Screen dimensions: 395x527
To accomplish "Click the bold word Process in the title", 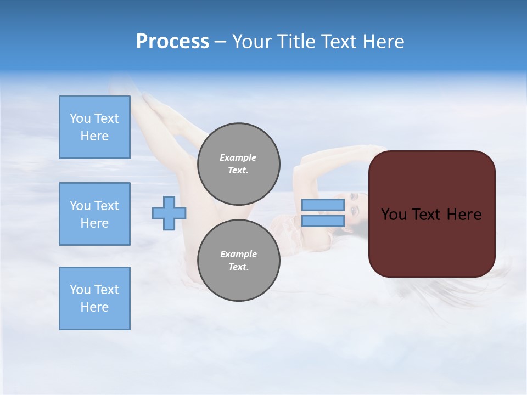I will click(x=172, y=42).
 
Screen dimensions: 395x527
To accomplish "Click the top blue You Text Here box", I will click(x=94, y=127).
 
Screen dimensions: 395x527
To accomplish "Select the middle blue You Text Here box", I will click(x=94, y=214).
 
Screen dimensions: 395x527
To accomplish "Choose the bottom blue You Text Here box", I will click(x=94, y=298).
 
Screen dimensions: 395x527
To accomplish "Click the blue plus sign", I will click(x=169, y=213).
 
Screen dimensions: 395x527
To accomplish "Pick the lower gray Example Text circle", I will click(x=238, y=260).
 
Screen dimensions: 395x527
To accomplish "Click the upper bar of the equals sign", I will click(x=323, y=205).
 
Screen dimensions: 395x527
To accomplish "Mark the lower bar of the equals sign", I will click(x=323, y=221).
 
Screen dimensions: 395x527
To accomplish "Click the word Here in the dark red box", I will click(x=464, y=215).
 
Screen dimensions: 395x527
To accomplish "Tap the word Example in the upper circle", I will click(x=238, y=157).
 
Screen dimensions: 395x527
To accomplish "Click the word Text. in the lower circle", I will click(x=238, y=267).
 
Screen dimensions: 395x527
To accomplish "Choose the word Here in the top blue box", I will click(x=94, y=136).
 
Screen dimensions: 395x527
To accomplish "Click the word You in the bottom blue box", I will click(x=80, y=290).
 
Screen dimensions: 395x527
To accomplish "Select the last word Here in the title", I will click(x=383, y=42).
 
